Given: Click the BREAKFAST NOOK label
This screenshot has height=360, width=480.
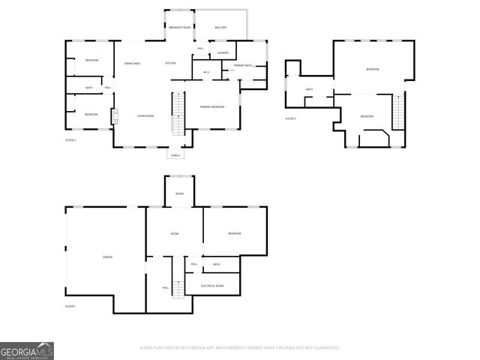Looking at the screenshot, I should point(180,28).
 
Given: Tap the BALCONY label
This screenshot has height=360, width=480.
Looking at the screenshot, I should point(220,28).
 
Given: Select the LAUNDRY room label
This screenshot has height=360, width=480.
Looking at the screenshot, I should point(223,52).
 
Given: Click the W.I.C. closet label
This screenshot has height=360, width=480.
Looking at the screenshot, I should point(207,72).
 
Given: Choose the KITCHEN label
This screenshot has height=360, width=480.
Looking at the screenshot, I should point(171,63).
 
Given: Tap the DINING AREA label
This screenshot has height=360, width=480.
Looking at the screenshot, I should point(132,63).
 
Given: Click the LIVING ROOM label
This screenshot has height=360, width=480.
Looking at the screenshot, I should point(145,115).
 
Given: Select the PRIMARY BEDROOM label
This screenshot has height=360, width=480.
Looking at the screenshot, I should point(212,107).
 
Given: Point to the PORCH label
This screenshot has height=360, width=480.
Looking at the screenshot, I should point(175,155).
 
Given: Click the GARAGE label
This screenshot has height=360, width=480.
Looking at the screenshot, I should point(107,257).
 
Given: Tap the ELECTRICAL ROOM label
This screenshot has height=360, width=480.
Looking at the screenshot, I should point(212,286).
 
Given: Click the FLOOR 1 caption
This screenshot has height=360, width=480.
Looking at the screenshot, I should point(70,306).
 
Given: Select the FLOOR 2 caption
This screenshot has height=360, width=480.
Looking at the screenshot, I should point(70,140).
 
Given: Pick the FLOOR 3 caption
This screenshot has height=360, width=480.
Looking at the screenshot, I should point(290,118).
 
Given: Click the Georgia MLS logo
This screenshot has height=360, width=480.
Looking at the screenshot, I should point(27,351).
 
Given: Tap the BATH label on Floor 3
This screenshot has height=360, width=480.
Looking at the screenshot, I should point(309,90).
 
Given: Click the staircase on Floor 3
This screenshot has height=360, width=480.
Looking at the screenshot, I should point(399,112).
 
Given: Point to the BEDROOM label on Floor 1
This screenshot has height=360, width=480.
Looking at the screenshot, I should point(234,234).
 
